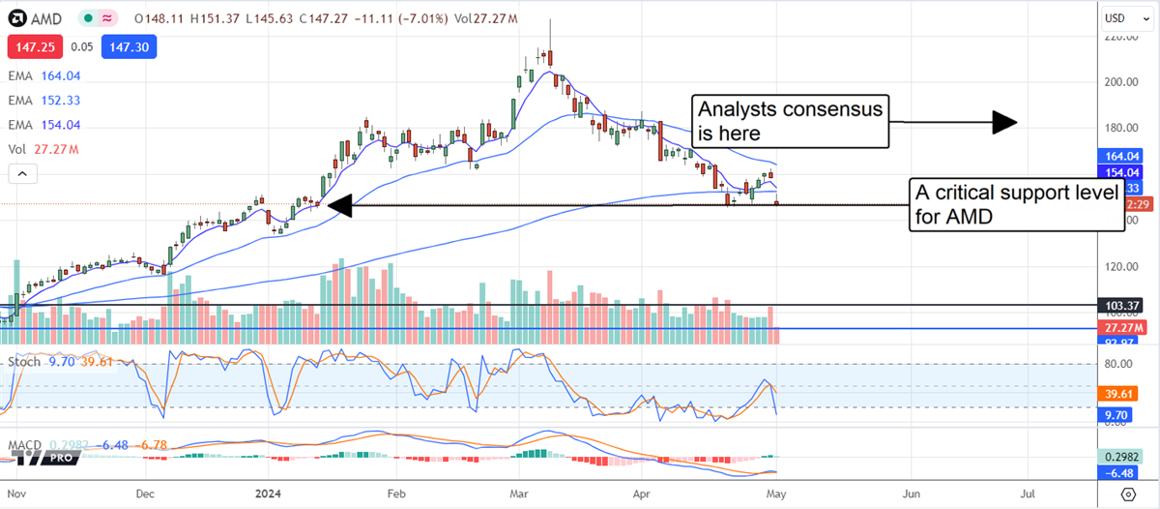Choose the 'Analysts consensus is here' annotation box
pyautogui.click(x=789, y=121)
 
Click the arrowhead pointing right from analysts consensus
pyautogui.click(x=1005, y=121)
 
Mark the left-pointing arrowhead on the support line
pyautogui.click(x=337, y=205)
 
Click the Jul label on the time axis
pyautogui.click(x=1028, y=493)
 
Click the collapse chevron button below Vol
pyautogui.click(x=22, y=174)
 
